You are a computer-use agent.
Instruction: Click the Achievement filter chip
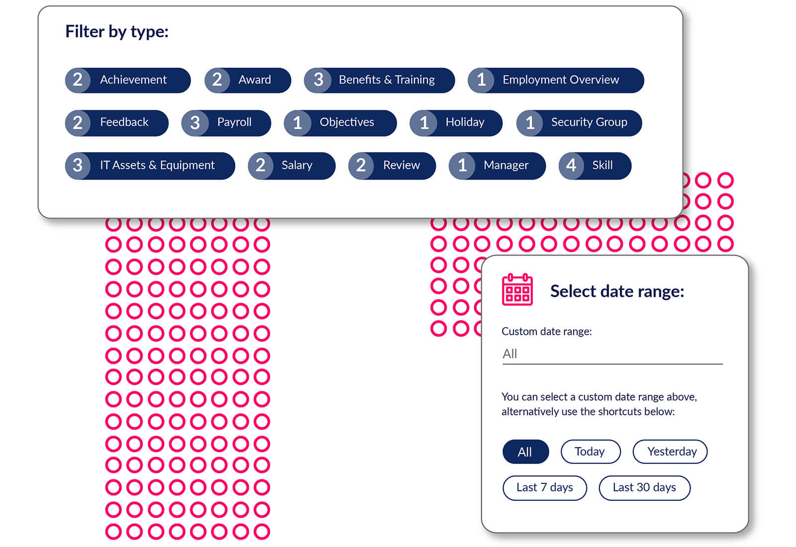(128, 80)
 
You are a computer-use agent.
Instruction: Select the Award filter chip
(248, 80)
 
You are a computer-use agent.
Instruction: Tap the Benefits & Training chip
(379, 80)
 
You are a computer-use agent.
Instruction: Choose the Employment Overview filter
(556, 80)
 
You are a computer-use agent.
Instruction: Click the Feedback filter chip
(117, 123)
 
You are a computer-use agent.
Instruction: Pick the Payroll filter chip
(226, 123)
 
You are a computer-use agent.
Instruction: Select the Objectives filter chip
(340, 123)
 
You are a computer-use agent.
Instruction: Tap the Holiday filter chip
(456, 123)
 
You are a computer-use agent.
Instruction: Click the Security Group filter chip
(579, 123)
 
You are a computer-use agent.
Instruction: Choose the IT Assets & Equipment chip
(150, 166)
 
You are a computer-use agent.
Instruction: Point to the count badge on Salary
(261, 166)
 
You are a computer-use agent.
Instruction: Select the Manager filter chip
(497, 166)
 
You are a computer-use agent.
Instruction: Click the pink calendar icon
(517, 289)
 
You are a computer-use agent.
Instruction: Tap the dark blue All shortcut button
(525, 452)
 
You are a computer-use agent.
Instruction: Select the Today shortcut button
(591, 452)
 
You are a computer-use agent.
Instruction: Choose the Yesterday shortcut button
(670, 452)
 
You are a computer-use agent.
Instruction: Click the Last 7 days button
(545, 488)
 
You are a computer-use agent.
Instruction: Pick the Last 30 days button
(645, 488)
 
